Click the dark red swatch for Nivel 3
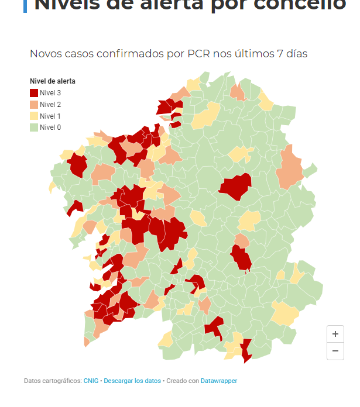[34, 92]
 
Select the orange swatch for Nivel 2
[34, 104]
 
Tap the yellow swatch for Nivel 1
[34, 116]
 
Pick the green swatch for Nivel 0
[34, 127]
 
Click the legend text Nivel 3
[50, 92]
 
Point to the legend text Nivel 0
[50, 127]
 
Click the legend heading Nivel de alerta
[52, 81]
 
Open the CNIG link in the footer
[91, 381]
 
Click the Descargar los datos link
[132, 381]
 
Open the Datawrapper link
[219, 381]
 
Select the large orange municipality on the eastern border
[290, 167]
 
